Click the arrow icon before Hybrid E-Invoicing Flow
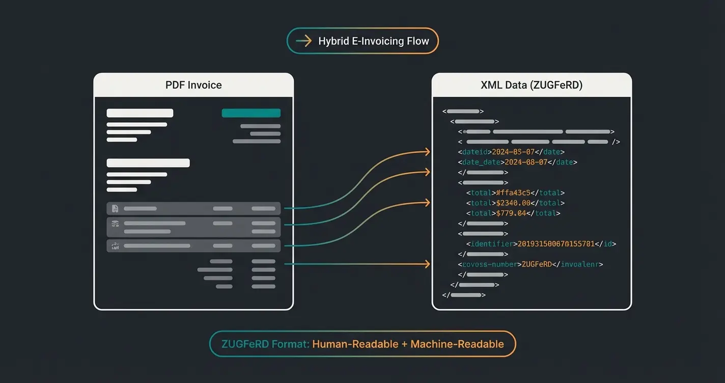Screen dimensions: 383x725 [x=304, y=41]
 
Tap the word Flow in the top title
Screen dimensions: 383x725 [x=417, y=41]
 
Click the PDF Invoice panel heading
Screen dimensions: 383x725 [x=193, y=85]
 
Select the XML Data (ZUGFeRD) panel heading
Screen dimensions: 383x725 [x=532, y=85]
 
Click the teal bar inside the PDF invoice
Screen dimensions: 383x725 [x=251, y=113]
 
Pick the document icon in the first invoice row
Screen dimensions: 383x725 [x=115, y=208]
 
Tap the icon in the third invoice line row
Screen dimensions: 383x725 [x=115, y=246]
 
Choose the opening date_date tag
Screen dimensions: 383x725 [x=481, y=162]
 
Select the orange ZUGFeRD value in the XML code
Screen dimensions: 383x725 [x=537, y=264]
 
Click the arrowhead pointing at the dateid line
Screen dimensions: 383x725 [x=428, y=151]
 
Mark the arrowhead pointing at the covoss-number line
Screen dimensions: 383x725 [x=428, y=264]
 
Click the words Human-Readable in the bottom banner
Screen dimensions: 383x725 [x=355, y=344]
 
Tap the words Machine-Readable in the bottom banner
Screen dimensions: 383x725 [x=457, y=344]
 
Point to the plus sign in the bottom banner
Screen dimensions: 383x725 [x=404, y=344]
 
